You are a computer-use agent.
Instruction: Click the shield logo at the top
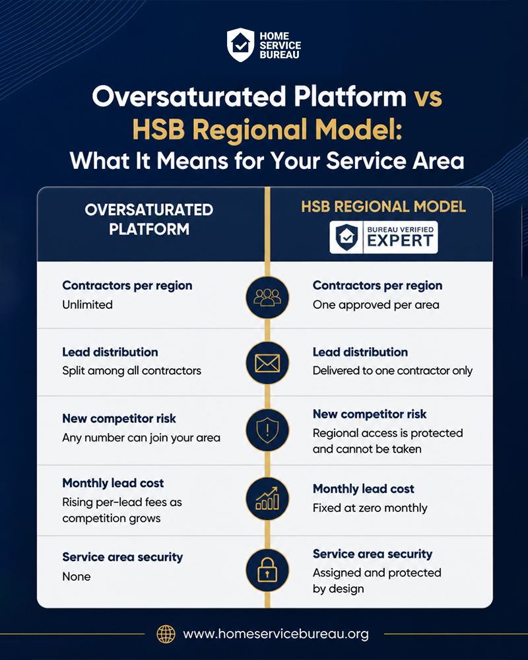pos(240,45)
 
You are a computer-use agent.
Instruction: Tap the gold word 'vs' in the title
pos(428,97)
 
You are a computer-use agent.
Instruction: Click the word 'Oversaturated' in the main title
pos(189,96)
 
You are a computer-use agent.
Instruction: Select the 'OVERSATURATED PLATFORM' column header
pos(149,219)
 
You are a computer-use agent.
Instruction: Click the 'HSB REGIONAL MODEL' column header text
pos(383,207)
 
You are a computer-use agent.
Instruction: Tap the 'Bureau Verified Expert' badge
pos(383,238)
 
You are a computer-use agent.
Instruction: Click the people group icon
pos(267,297)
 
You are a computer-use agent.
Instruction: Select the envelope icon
pos(267,363)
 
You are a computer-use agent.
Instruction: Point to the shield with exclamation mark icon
pos(267,430)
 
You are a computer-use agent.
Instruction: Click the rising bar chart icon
pos(267,498)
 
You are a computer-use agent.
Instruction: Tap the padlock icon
pos(267,570)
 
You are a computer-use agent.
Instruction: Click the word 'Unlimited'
pos(88,305)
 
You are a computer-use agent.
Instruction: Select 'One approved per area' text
pos(376,305)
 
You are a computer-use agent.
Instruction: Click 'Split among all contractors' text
pos(132,371)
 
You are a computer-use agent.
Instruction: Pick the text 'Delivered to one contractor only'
pos(393,371)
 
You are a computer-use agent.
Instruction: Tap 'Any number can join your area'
pos(141,438)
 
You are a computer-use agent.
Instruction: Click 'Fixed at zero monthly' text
pos(370,508)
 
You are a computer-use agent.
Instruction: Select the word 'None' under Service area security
pos(77,577)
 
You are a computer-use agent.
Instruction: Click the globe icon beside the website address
pos(166,634)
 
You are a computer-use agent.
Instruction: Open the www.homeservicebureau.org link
pos(276,634)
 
